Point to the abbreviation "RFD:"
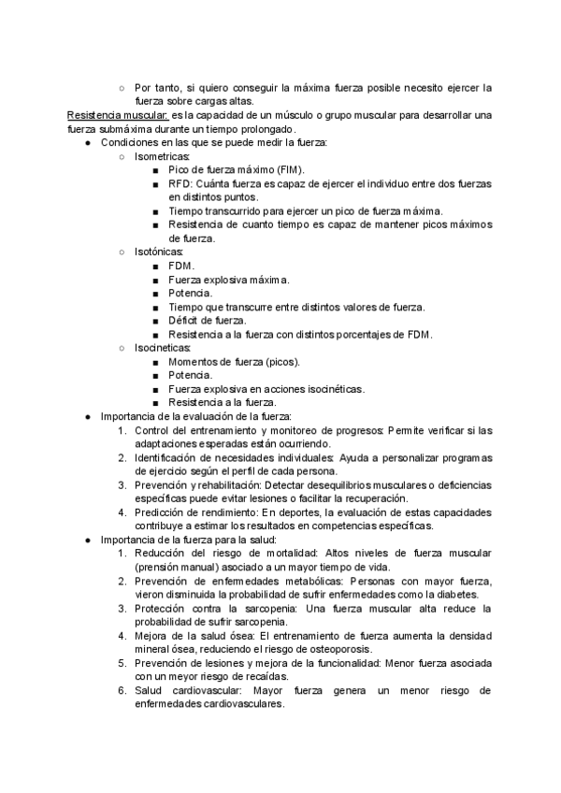tap(182, 184)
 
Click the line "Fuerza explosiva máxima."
tap(229, 280)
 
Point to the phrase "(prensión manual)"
tap(179, 568)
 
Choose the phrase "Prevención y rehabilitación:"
tap(198, 485)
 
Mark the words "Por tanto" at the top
tap(156, 88)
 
